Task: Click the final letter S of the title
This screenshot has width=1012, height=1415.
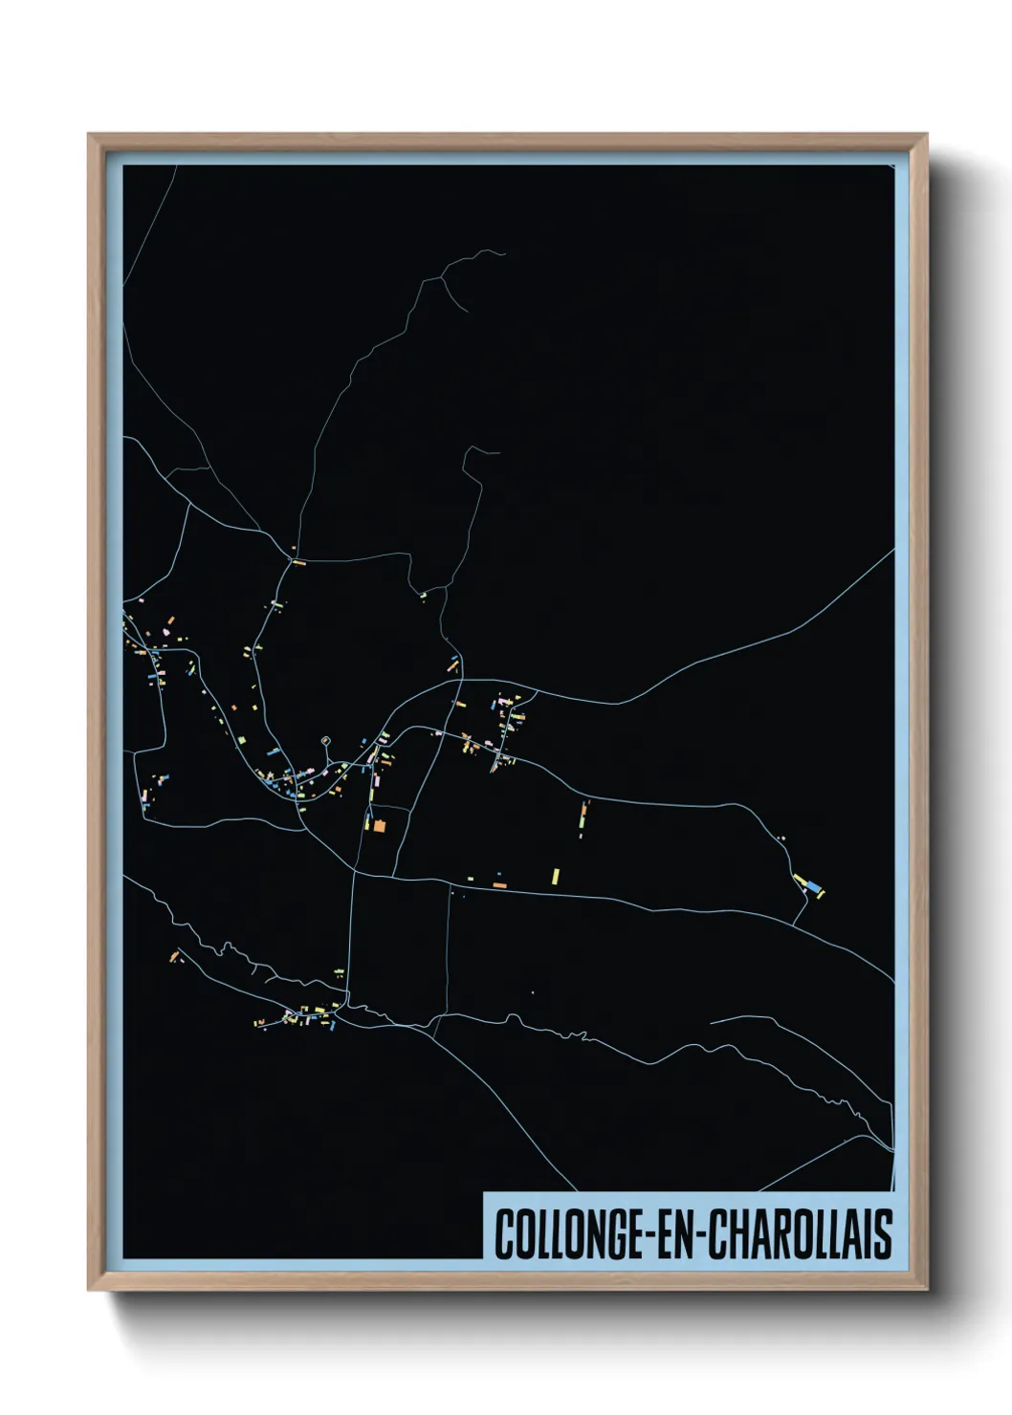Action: pyautogui.click(x=884, y=1235)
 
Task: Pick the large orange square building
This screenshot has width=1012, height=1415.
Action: pyautogui.click(x=379, y=825)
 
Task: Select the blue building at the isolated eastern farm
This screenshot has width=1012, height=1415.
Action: pyautogui.click(x=813, y=889)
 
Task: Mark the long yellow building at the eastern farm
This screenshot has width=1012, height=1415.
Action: pyautogui.click(x=801, y=881)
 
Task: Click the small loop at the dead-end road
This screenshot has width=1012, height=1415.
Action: pyautogui.click(x=326, y=740)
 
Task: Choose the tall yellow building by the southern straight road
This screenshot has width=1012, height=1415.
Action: pyautogui.click(x=555, y=876)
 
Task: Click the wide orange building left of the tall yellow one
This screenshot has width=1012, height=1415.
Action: pyautogui.click(x=499, y=886)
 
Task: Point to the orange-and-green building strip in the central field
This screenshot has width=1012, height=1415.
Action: pyautogui.click(x=583, y=816)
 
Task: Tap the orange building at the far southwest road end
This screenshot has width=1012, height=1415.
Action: pyautogui.click(x=174, y=955)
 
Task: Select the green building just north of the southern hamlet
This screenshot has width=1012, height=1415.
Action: pyautogui.click(x=339, y=972)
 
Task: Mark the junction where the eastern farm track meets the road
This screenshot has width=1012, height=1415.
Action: pyautogui.click(x=794, y=924)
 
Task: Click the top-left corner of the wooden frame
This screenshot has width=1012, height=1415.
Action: pyautogui.click(x=89, y=135)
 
